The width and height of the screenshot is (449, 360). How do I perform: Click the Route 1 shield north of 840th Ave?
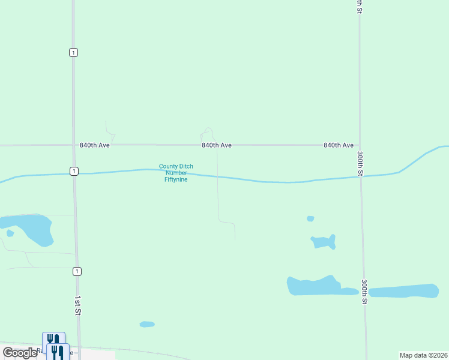73,52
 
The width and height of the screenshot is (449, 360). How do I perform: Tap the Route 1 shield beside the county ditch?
73,171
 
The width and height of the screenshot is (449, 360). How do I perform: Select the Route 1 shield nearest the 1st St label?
77,271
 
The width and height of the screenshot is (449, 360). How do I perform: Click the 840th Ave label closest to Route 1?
95,145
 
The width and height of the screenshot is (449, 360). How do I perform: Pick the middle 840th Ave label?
217,145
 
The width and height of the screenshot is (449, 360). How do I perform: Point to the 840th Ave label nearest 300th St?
339,145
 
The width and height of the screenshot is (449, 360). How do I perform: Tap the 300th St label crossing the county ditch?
360,163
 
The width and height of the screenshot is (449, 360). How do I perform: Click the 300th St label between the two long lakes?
364,292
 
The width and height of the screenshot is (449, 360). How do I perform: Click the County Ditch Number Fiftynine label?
176,173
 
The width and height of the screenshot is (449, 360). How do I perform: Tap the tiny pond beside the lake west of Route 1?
10,233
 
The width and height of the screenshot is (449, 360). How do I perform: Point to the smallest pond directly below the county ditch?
310,218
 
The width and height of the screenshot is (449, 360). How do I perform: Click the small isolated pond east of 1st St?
147,324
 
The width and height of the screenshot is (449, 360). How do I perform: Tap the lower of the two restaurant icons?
58,352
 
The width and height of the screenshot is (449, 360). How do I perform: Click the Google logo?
20,353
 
